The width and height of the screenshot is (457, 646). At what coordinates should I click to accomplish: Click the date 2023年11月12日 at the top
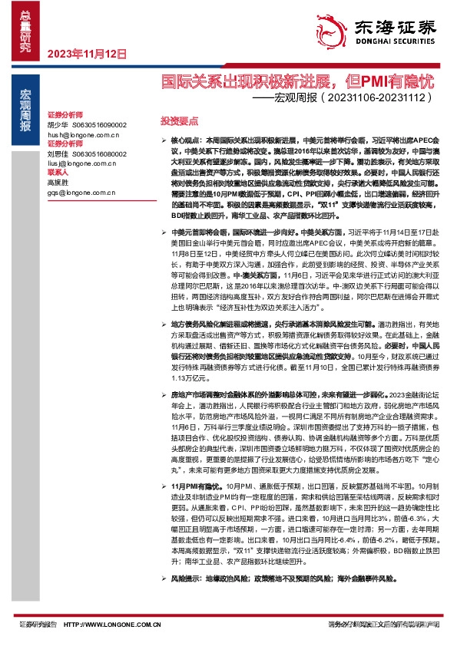point(86,54)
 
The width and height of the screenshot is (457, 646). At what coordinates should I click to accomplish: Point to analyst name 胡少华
point(58,124)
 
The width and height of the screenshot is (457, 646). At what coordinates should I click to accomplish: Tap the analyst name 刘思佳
point(58,153)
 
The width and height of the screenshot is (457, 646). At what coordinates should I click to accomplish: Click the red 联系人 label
point(58,173)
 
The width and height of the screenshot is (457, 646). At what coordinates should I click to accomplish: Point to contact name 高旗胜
point(58,183)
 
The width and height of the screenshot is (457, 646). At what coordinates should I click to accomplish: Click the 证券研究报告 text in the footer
point(38,625)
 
